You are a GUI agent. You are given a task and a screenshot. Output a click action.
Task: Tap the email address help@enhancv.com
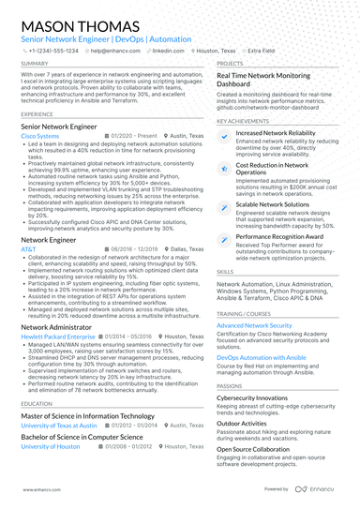click(x=109, y=51)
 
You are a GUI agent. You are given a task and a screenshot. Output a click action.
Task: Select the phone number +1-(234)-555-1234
click(x=52, y=51)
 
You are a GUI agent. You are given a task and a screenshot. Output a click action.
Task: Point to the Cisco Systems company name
click(x=38, y=136)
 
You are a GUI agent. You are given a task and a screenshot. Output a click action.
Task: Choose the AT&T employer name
click(x=28, y=249)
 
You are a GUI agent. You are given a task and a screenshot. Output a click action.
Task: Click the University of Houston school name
click(x=51, y=446)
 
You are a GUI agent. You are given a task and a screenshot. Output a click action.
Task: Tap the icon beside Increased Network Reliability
click(x=223, y=136)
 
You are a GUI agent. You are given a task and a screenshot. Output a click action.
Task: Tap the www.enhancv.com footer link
click(x=35, y=489)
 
